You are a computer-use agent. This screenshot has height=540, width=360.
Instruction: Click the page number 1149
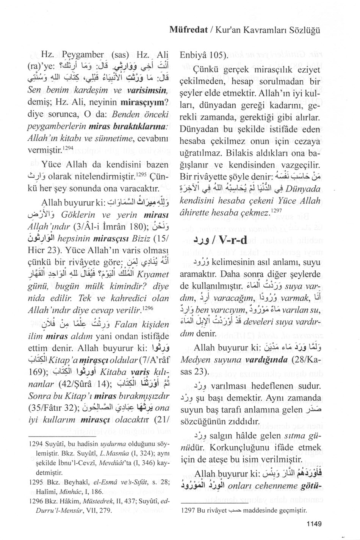pyautogui.click(x=311, y=524)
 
